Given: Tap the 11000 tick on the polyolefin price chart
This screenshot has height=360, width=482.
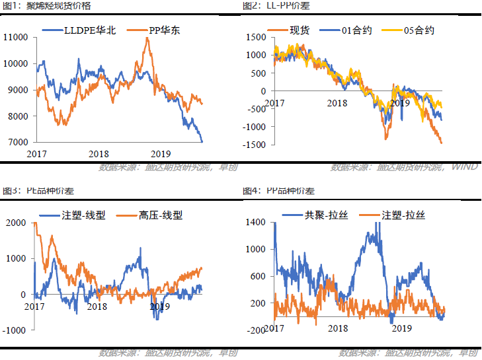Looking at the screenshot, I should pyautogui.click(x=15, y=37).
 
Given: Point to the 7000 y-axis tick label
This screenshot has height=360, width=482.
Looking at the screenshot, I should pyautogui.click(x=18, y=142).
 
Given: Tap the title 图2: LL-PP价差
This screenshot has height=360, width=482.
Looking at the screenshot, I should pyautogui.click(x=276, y=6).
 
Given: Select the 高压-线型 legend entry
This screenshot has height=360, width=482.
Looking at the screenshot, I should pyautogui.click(x=161, y=215).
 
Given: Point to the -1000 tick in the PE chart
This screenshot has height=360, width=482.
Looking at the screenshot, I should pyautogui.click(x=14, y=330).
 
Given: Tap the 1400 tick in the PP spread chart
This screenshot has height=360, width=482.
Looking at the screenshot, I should pyautogui.click(x=256, y=223).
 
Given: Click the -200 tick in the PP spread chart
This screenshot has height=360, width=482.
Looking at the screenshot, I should pyautogui.click(x=256, y=330).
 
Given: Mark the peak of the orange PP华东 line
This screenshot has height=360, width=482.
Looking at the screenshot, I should pyautogui.click(x=146, y=38).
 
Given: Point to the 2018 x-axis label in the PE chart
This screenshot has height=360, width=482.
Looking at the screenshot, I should pyautogui.click(x=97, y=306).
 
